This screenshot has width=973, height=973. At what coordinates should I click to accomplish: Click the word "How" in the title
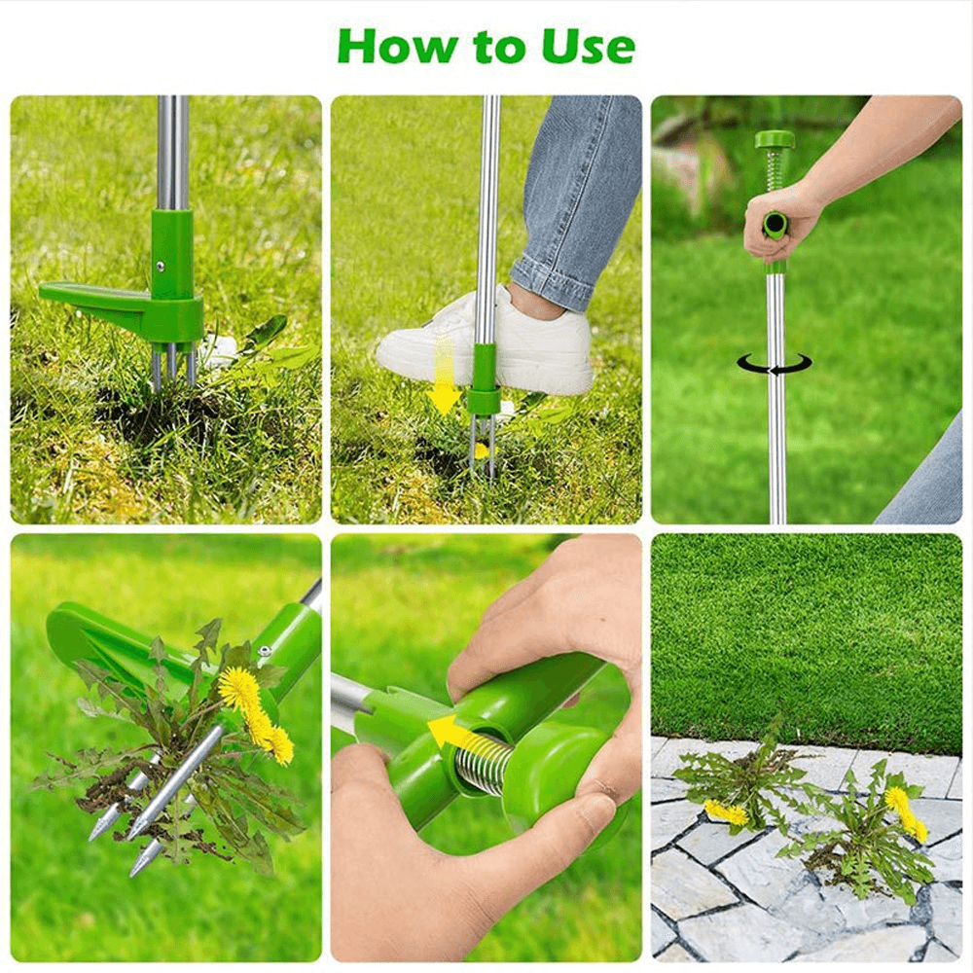pyautogui.click(x=397, y=46)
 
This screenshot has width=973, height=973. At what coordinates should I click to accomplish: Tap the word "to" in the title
pyautogui.click(x=499, y=48)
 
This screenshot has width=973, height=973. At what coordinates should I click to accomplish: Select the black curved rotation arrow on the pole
pyautogui.click(x=774, y=365)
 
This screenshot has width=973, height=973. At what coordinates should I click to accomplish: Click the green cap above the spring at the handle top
pyautogui.click(x=775, y=139)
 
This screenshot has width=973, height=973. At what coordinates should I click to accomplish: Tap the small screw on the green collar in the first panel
pyautogui.click(x=161, y=267)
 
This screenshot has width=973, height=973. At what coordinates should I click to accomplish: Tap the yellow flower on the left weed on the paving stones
pyautogui.click(x=726, y=811)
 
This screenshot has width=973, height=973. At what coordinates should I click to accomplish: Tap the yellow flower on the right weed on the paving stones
pyautogui.click(x=906, y=812)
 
